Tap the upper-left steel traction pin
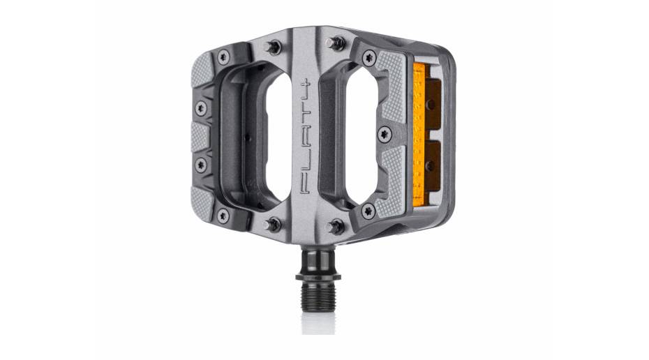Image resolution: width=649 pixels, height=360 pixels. point(274,47)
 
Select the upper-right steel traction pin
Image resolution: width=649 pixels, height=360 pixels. point(337,43)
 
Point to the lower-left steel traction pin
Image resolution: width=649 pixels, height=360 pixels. point(273,225)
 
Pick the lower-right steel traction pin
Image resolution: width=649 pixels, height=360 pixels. point(336,226)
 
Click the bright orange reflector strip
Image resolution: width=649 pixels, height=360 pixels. point(419,137)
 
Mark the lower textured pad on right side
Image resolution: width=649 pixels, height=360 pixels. point(389,183)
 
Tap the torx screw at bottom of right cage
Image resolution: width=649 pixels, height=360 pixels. point(368,210)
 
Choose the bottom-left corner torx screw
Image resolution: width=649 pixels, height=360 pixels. point(223,216)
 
